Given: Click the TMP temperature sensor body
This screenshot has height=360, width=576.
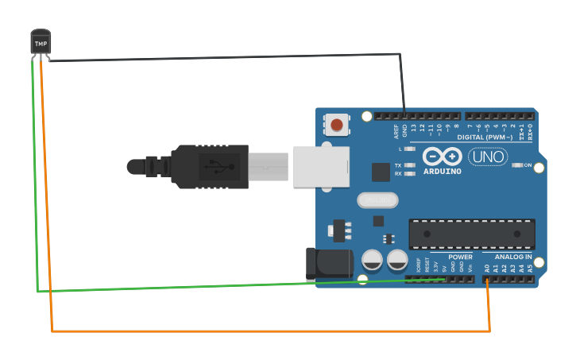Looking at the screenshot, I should (x=41, y=42).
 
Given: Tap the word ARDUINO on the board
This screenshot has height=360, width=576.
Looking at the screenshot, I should (x=442, y=171).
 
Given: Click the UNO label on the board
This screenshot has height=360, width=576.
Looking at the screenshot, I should (x=488, y=157).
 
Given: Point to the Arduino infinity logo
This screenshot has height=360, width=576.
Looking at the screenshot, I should (x=442, y=156).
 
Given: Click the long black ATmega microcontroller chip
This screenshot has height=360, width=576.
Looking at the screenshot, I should (x=472, y=233).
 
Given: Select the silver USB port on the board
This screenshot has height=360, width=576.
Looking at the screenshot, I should (x=321, y=166).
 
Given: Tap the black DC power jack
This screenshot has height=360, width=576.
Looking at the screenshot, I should (x=329, y=265).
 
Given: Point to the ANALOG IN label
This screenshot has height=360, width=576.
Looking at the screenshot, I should (x=513, y=257).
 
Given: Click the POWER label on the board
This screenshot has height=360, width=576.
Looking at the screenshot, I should (x=460, y=257).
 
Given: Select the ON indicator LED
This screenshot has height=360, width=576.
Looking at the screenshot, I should (x=516, y=165).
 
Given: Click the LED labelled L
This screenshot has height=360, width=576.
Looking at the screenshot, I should (x=409, y=149).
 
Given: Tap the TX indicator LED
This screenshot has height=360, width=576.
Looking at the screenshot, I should (x=409, y=165).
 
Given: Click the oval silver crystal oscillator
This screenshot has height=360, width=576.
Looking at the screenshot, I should (x=377, y=199).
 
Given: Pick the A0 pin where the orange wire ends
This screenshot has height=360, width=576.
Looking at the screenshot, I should (x=487, y=278).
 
